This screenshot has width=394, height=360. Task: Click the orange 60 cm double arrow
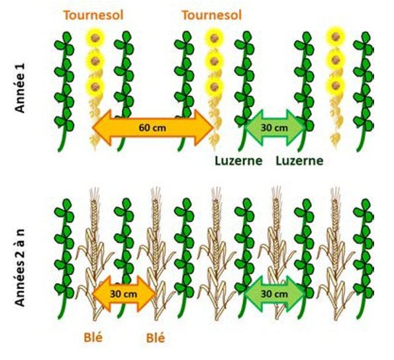pos(153,128)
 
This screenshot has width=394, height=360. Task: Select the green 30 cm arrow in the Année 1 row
pos(274,128)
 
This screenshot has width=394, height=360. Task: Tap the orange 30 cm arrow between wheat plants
pos(124,294)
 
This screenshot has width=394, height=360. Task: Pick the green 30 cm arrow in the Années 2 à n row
pos(274,294)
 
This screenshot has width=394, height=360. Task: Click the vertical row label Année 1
pos(20,88)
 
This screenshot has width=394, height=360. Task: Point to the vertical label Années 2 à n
pos(20,267)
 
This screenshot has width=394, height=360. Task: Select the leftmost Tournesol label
pos(93,15)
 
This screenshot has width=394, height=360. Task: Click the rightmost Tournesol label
pos(212,15)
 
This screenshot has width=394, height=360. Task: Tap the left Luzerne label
pos(238,161)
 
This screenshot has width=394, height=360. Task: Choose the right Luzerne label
pos(299,161)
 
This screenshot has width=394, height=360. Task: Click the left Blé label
pos(93,337)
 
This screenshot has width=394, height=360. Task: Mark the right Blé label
pos(156,338)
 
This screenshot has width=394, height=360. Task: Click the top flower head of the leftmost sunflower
pos(95,38)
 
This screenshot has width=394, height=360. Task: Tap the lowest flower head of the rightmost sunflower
pos(336,85)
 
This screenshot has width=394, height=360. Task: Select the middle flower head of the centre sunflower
pos(214,61)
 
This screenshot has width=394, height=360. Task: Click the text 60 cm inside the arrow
pos(152,128)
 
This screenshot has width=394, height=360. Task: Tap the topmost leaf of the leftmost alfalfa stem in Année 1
pos(67,37)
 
